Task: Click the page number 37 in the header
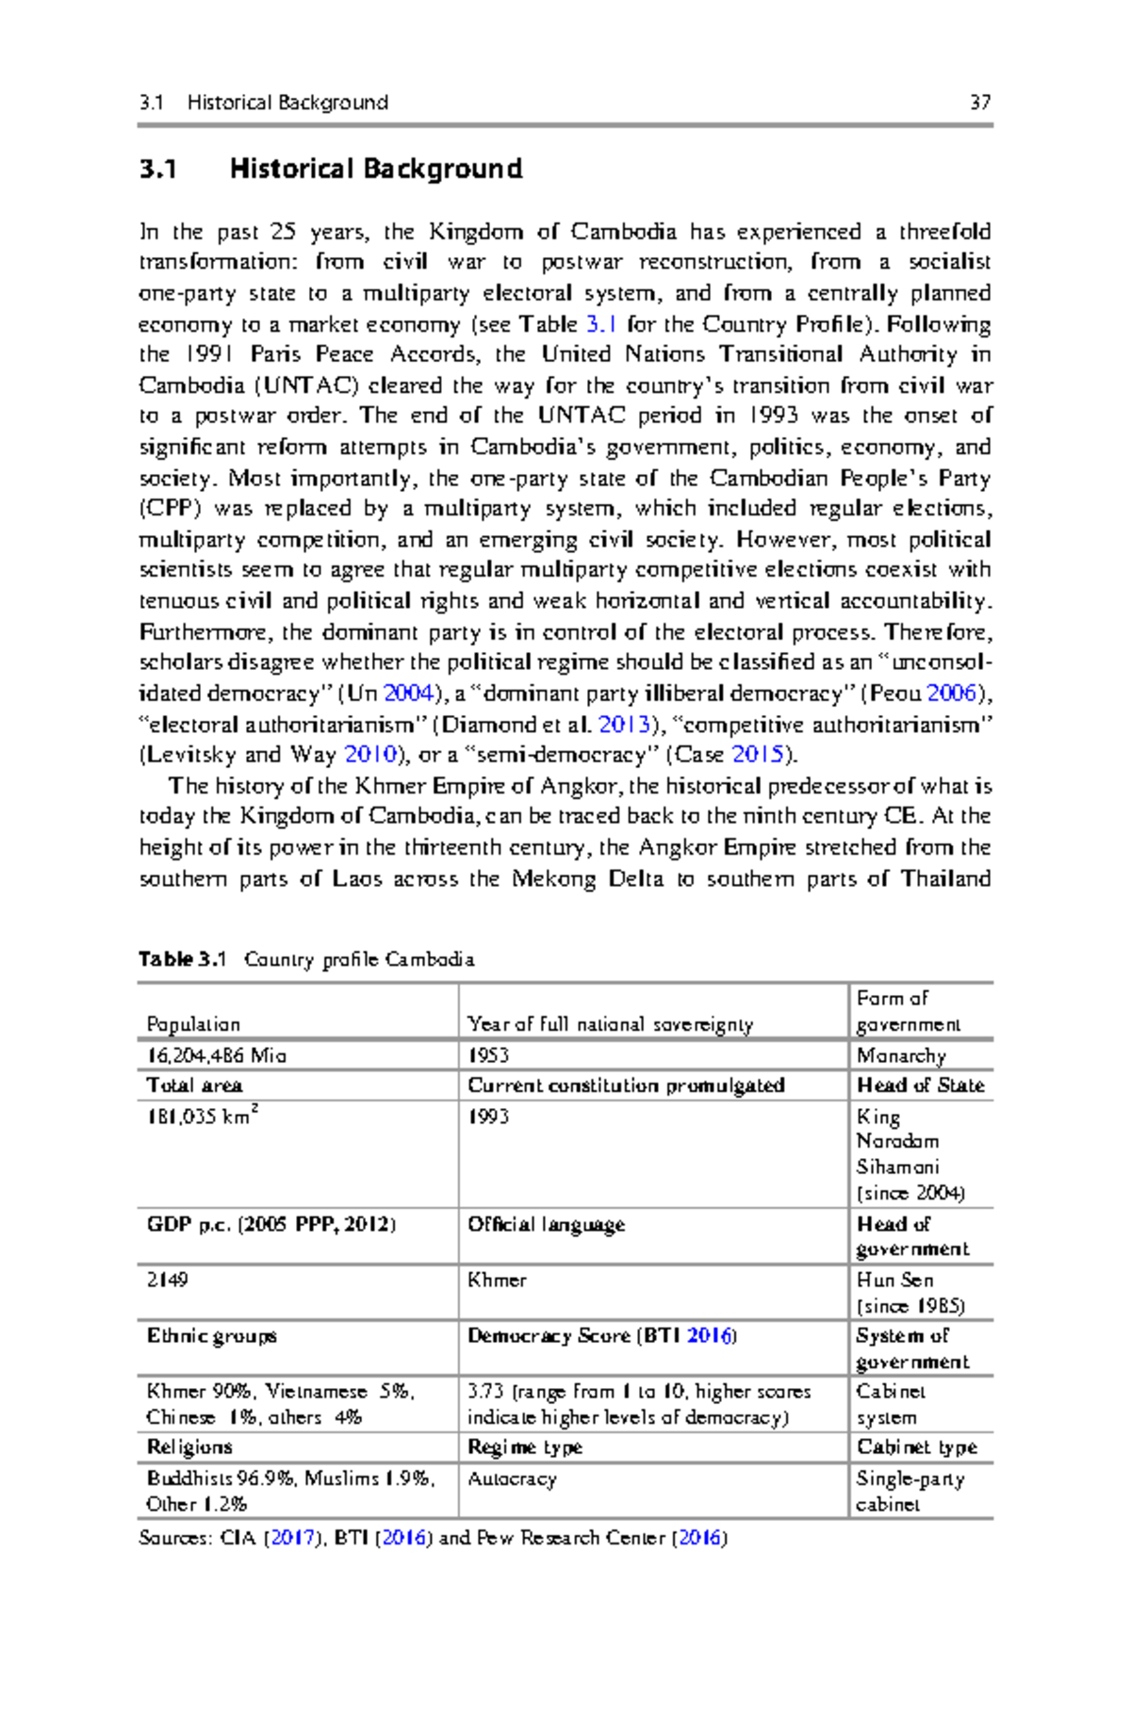(x=979, y=103)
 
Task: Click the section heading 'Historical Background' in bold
(x=375, y=170)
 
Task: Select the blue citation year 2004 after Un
(x=408, y=694)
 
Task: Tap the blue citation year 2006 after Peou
(x=952, y=694)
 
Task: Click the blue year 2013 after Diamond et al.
(x=624, y=725)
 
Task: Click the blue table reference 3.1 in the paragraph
(x=601, y=324)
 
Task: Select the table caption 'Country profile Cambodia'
(x=358, y=959)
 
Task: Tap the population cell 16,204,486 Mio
(x=216, y=1055)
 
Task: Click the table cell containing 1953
(x=488, y=1055)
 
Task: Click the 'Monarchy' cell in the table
(x=901, y=1055)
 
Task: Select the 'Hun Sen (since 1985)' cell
(x=910, y=1293)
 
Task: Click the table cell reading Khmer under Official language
(x=497, y=1281)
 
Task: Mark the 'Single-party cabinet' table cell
(x=910, y=1492)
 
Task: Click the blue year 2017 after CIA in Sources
(x=292, y=1538)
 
